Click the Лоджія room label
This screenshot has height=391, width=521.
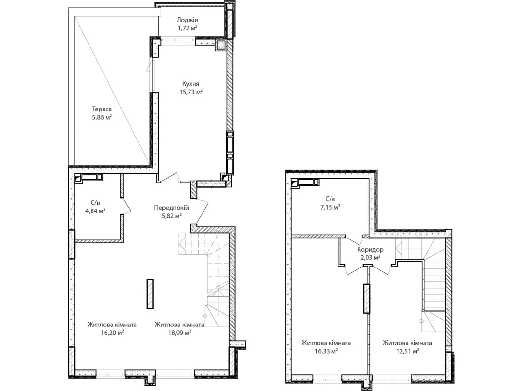click(x=188, y=20)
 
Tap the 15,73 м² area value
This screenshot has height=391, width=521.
click(x=191, y=92)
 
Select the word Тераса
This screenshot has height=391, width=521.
click(x=102, y=109)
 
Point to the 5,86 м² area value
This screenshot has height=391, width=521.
click(x=102, y=117)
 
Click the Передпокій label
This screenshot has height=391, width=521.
click(x=171, y=208)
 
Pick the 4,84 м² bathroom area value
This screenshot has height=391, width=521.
click(x=95, y=211)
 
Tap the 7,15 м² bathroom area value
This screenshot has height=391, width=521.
click(x=330, y=207)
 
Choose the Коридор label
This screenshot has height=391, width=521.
click(x=370, y=250)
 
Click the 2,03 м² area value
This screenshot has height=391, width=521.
click(x=370, y=258)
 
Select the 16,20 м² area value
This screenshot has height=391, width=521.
click(x=112, y=333)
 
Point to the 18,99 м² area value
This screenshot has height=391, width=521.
click(x=179, y=333)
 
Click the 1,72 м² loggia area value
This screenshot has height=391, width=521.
click(x=188, y=28)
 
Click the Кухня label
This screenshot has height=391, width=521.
click(x=190, y=84)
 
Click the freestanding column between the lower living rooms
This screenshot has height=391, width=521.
click(x=150, y=294)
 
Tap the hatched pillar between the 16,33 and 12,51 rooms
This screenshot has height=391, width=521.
click(x=366, y=299)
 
